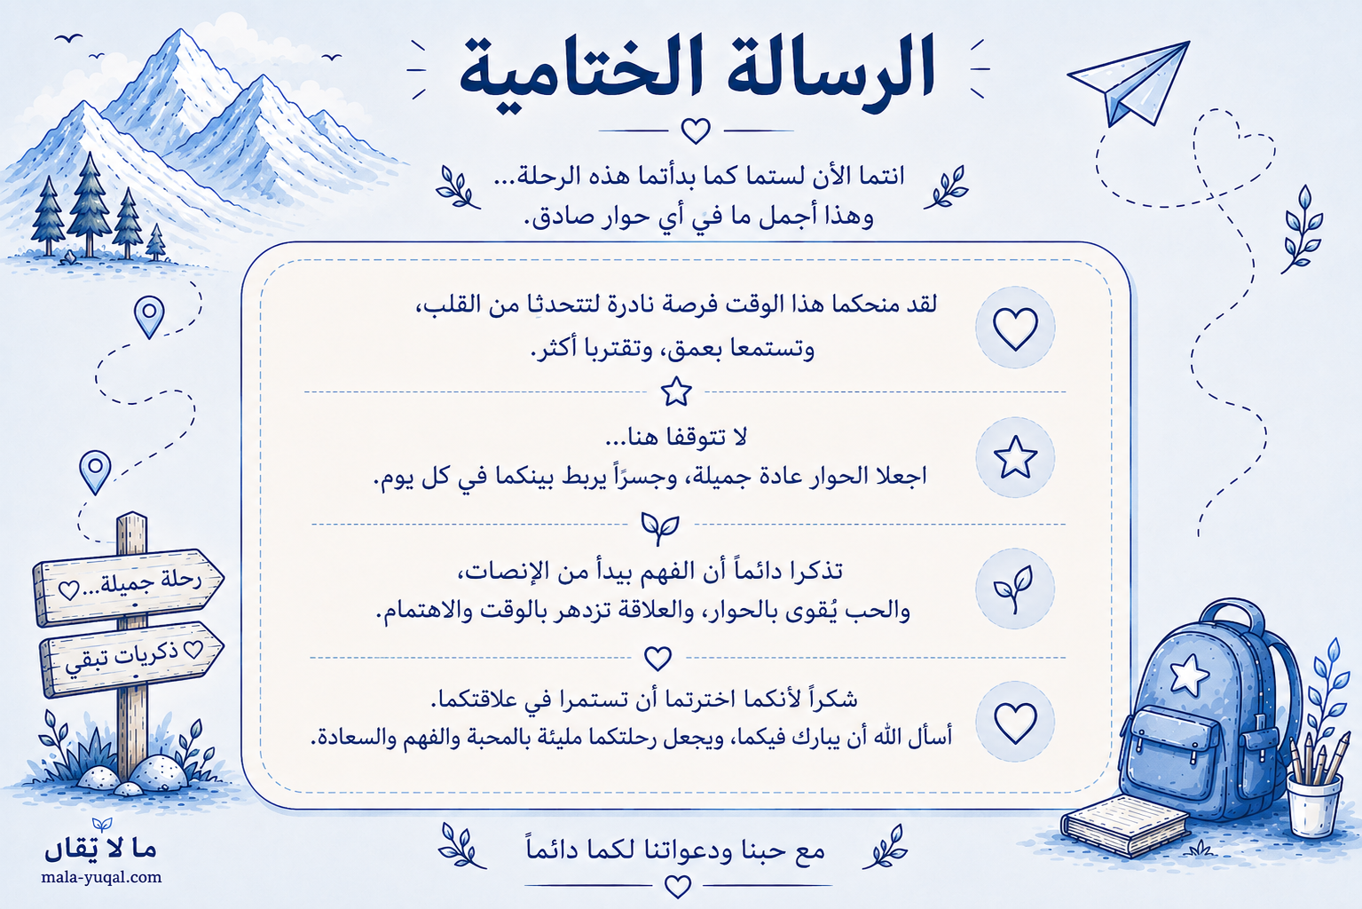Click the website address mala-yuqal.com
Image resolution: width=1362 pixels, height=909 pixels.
click(101, 877)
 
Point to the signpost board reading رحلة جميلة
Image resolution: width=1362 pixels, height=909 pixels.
click(128, 587)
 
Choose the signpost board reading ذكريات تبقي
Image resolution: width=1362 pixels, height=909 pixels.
click(130, 659)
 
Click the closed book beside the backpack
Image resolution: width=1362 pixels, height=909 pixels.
click(1125, 826)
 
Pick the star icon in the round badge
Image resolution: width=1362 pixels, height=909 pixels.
click(1015, 457)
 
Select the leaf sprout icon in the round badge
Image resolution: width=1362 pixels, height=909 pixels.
click(1014, 589)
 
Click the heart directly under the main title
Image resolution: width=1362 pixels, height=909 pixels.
click(696, 130)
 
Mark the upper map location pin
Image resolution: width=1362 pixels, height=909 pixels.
click(149, 315)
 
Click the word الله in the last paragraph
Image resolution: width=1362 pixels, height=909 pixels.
click(892, 738)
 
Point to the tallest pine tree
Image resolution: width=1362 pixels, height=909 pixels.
click(90, 204)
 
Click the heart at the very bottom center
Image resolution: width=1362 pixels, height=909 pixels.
click(677, 886)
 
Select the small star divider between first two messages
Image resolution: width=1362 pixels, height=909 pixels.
click(676, 391)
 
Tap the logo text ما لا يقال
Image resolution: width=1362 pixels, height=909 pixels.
click(100, 849)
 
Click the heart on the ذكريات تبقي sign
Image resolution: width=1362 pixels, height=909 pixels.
click(193, 649)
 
